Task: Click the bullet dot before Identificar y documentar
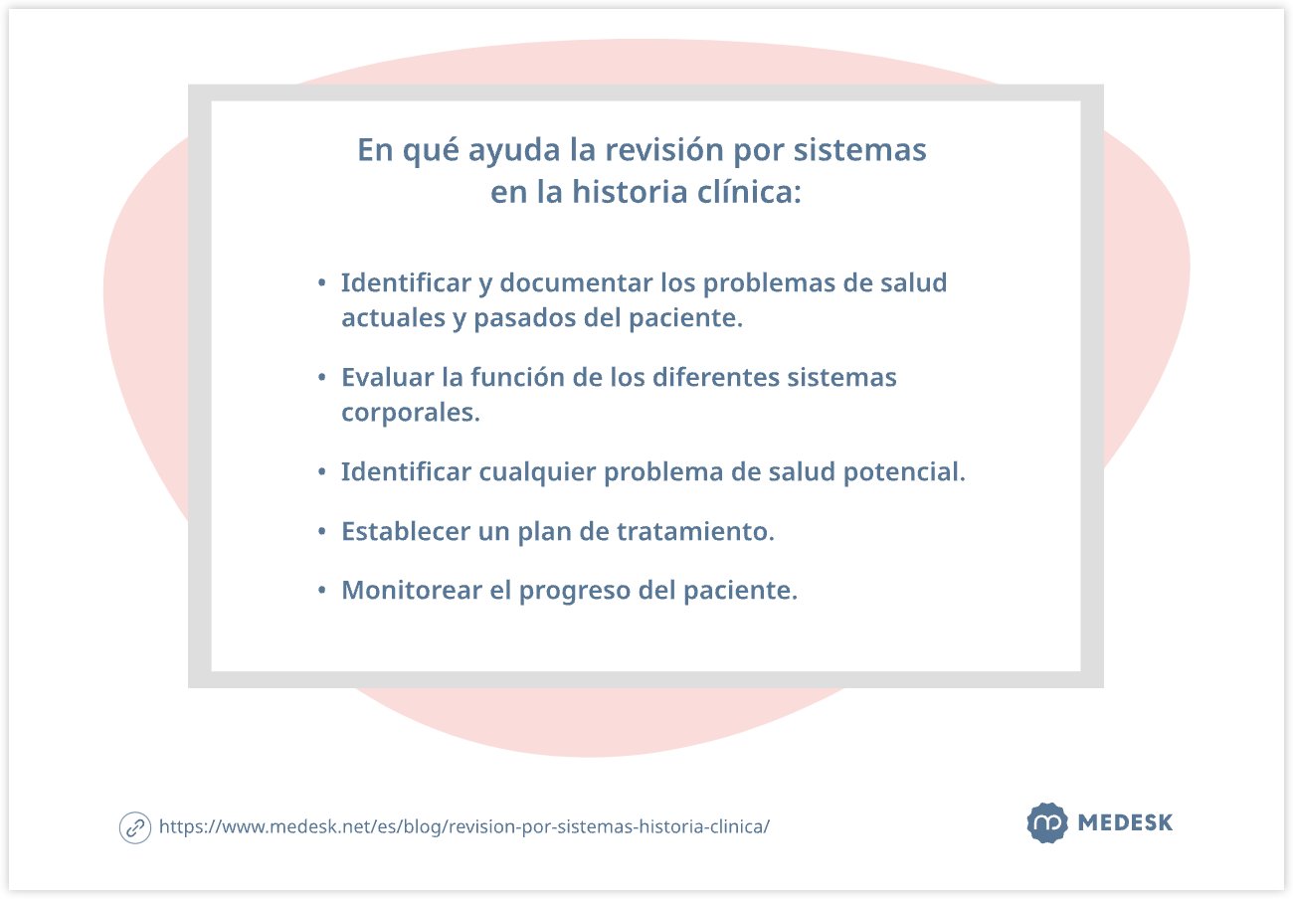pyautogui.click(x=321, y=283)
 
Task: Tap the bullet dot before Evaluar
pyautogui.click(x=321, y=379)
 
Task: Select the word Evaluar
pyautogui.click(x=387, y=378)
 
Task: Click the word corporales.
pyautogui.click(x=410, y=413)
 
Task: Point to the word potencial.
pyautogui.click(x=904, y=471)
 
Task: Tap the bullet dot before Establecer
pyautogui.click(x=321, y=532)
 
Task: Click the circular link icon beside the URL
pyautogui.click(x=135, y=827)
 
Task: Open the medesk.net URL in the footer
pyautogui.click(x=463, y=826)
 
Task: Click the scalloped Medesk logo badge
pyautogui.click(x=1046, y=823)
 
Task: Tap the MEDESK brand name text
pyautogui.click(x=1125, y=823)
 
